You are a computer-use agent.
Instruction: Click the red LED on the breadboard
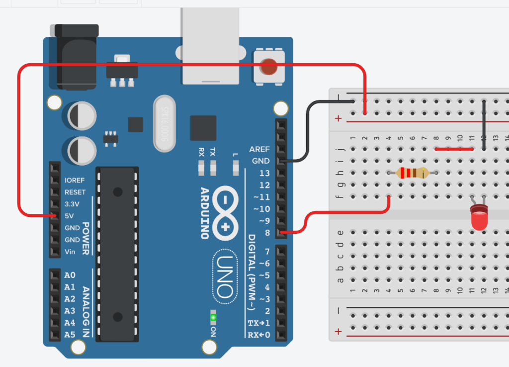coord(480,219)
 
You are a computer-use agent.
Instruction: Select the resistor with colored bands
coord(412,173)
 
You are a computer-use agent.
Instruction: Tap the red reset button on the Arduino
coord(268,66)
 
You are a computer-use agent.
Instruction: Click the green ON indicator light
coord(214,317)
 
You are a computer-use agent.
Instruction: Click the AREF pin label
coord(259,149)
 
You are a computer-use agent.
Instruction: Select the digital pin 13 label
coord(264,173)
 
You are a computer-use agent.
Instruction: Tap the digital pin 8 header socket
coord(282,233)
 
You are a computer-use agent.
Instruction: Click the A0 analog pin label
coord(70,275)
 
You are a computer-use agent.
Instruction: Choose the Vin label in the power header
coord(71,252)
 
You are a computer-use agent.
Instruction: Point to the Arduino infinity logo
coord(225,213)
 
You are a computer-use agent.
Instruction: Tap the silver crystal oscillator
coord(166,124)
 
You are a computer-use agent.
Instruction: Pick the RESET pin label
coord(75,192)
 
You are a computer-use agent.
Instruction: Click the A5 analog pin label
coord(70,335)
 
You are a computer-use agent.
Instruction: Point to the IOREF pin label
coord(75,180)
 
